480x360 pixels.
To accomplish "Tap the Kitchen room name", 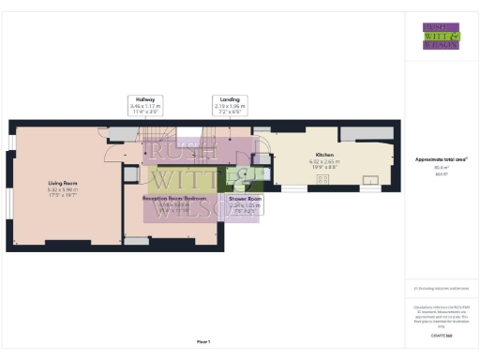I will pos(324,154).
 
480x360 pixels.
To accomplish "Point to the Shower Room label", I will pos(246,199).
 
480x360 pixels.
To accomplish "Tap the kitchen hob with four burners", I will pos(323,178).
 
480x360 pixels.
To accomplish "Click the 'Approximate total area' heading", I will pos(441,159).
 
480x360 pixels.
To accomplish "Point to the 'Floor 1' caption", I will pos(203,342).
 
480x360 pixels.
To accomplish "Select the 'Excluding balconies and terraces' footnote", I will pos(441,289).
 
